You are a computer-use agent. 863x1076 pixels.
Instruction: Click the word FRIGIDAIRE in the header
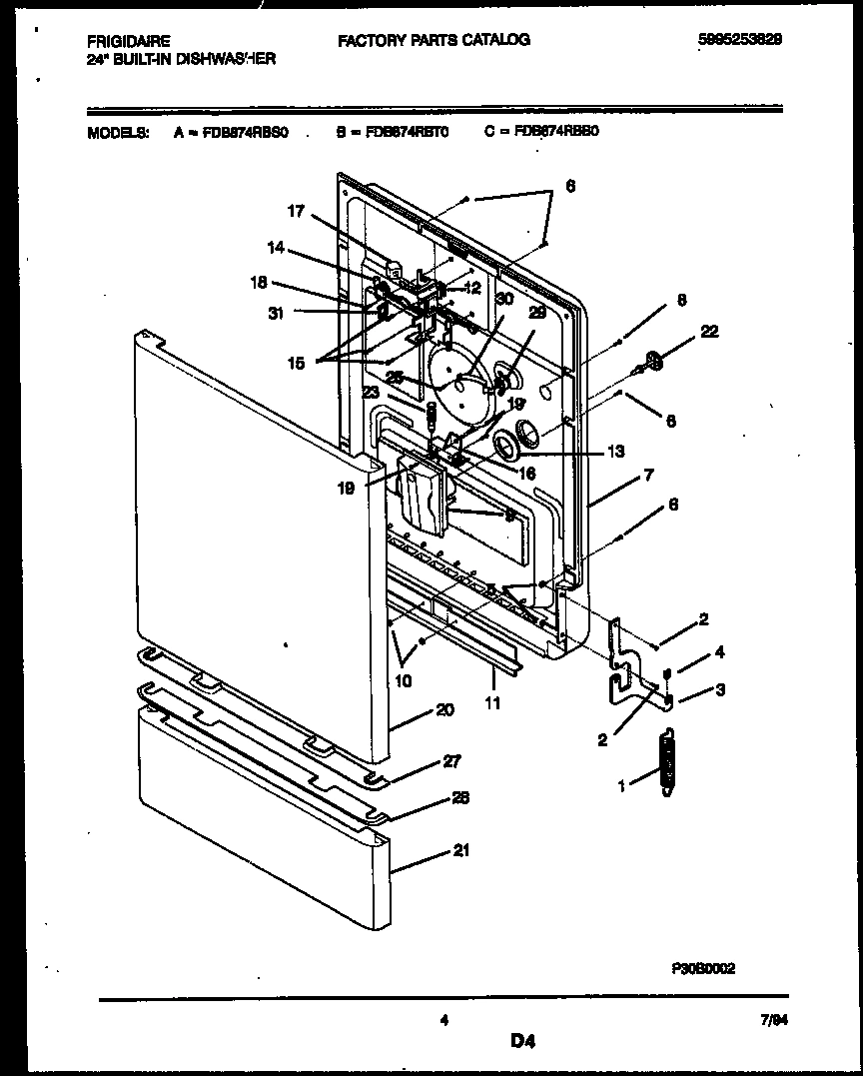click(x=128, y=41)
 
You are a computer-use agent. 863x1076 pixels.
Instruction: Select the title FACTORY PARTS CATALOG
click(x=433, y=40)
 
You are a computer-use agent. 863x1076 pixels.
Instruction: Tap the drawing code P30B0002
click(x=703, y=968)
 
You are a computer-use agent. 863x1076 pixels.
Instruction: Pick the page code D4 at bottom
click(x=523, y=1042)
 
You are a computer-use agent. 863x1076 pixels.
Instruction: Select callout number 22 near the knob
click(x=709, y=332)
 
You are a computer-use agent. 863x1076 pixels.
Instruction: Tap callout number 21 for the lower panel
click(x=460, y=850)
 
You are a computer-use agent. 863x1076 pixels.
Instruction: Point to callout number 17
click(x=296, y=211)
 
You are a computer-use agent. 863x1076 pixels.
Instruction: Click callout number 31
click(x=276, y=313)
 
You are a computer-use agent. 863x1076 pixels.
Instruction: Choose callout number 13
click(x=616, y=452)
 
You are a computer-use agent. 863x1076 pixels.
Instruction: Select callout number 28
click(x=460, y=797)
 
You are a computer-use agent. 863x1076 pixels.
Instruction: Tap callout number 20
click(x=444, y=710)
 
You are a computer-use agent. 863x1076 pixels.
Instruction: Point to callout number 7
click(x=648, y=476)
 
